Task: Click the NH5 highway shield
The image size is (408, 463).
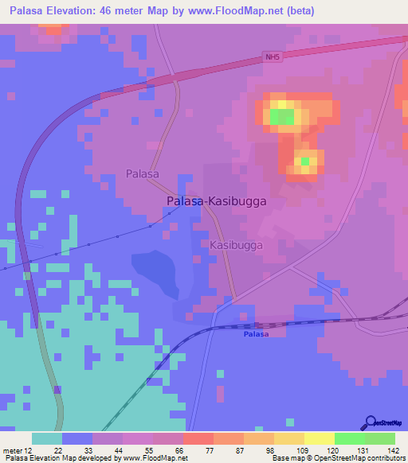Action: click(272, 57)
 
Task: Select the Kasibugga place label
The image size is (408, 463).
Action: click(236, 246)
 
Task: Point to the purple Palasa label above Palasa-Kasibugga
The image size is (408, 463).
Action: click(143, 173)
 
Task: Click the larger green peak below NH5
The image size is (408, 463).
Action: click(281, 117)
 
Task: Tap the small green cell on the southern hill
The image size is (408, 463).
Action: click(304, 162)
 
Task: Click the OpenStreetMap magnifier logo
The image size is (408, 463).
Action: click(369, 422)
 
